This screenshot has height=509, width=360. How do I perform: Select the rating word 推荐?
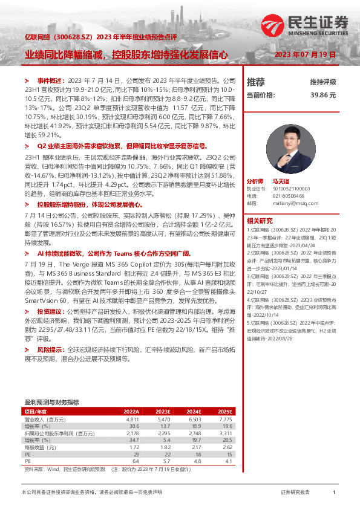pyautogui.click(x=256, y=82)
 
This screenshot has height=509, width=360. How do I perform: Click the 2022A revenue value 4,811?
pyautogui.click(x=132, y=419)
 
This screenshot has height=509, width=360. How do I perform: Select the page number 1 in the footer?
pyautogui.click(x=334, y=493)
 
